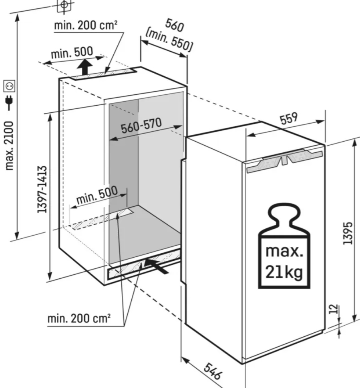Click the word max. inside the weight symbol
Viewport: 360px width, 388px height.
point(284,252)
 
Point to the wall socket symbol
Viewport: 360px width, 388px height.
point(9,85)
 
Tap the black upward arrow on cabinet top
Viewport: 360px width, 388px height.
point(85,67)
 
